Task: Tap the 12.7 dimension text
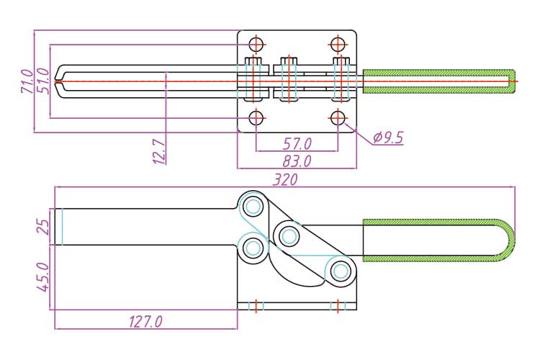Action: (160, 151)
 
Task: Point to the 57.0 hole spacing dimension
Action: (297, 143)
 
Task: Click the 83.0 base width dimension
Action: (297, 161)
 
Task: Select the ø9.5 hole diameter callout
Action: (389, 138)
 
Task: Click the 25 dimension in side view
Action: (44, 227)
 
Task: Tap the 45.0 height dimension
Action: (44, 276)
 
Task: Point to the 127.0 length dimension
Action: (145, 321)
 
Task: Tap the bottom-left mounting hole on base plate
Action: (256, 117)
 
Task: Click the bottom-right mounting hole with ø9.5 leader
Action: (338, 117)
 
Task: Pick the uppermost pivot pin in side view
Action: (253, 207)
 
